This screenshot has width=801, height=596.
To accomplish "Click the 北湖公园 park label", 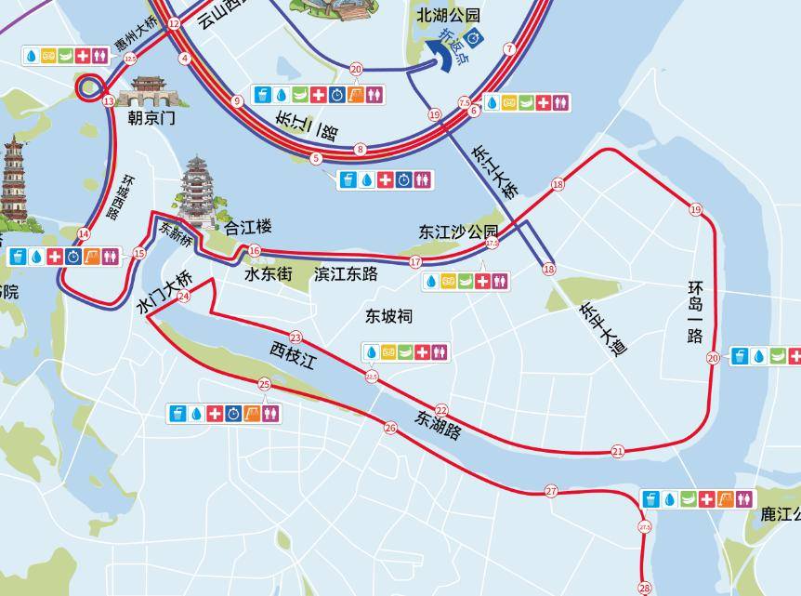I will click(x=449, y=15).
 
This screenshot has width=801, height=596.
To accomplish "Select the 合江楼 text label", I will click(x=248, y=227).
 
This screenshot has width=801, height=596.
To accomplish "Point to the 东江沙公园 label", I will click(x=458, y=232).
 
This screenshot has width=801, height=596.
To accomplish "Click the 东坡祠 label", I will click(x=387, y=317).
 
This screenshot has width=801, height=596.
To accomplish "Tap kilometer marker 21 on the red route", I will click(x=618, y=452).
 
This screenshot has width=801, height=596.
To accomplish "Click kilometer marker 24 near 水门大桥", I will click(x=183, y=297).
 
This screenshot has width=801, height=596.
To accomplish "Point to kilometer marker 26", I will click(x=390, y=428).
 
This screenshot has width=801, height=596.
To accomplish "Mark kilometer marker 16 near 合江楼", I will click(x=255, y=251).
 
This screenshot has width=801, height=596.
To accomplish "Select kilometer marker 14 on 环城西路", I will click(x=85, y=234).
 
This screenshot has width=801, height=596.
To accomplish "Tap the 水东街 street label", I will click(x=269, y=274).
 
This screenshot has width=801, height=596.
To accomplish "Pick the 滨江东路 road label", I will click(x=346, y=274).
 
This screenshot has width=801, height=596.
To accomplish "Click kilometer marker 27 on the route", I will click(x=551, y=491).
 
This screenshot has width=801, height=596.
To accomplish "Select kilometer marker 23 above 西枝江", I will click(x=295, y=338).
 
